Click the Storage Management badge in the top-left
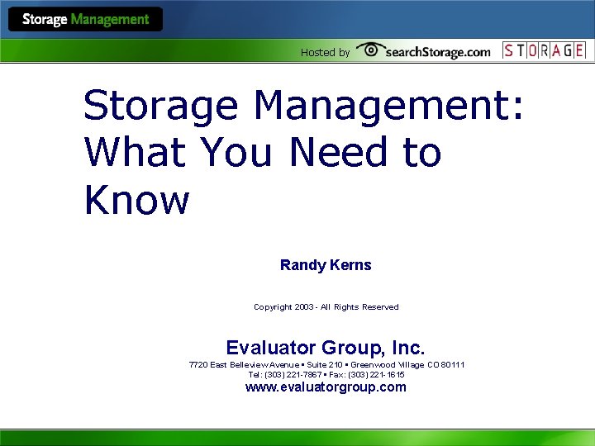tap(86, 19)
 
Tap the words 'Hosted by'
tap(325, 52)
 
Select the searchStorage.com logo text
tap(437, 52)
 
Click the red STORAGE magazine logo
tap(544, 50)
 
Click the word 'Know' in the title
tap(136, 200)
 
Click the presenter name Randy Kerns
tap(326, 265)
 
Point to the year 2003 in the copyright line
tap(302, 307)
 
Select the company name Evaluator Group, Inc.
tap(326, 347)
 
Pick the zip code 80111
tap(452, 364)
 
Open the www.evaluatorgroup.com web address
tap(326, 387)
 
